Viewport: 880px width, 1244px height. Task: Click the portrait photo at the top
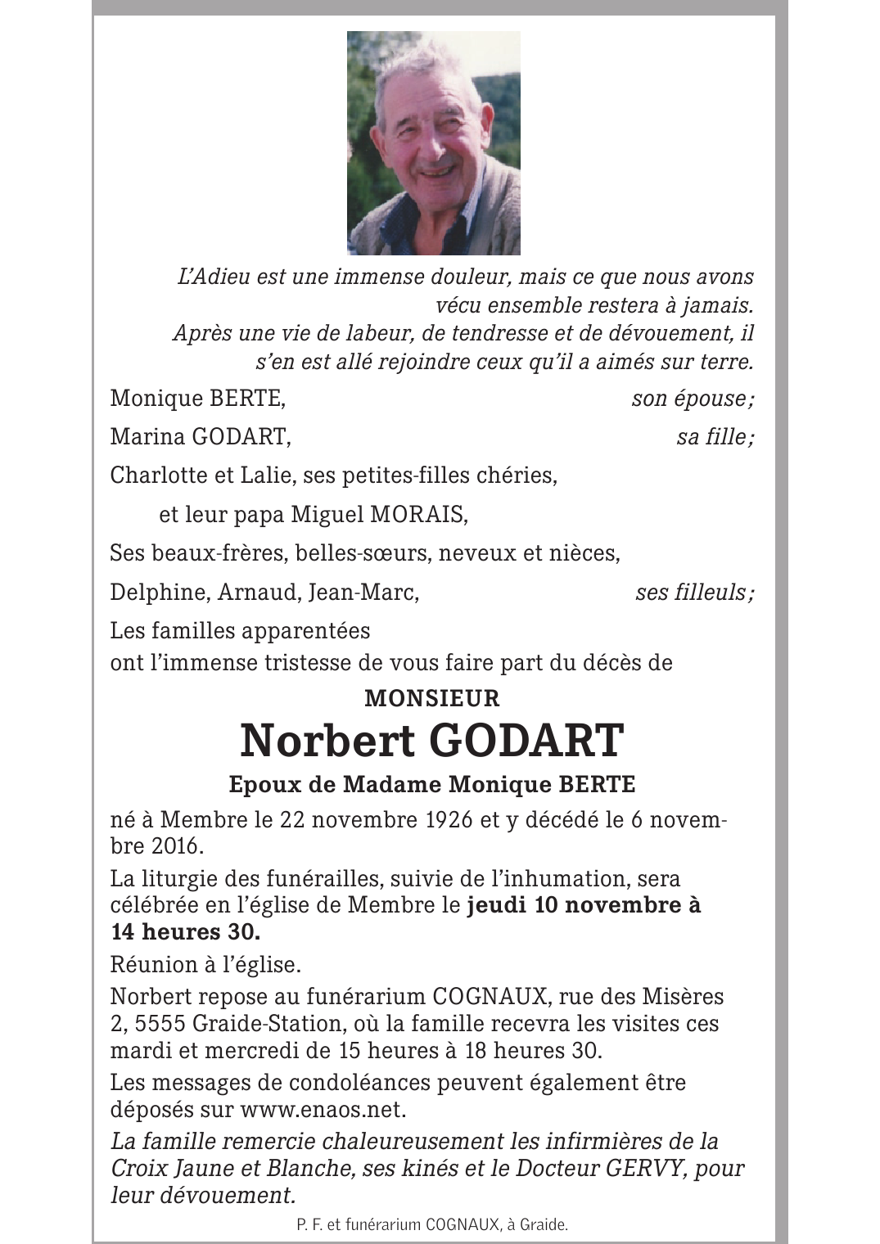433,143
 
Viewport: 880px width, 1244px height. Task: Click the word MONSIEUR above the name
431,698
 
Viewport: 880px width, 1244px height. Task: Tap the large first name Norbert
327,741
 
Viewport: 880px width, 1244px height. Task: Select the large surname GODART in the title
526,741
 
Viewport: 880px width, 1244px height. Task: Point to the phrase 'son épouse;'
693,399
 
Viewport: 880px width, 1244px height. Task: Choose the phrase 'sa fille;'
715,437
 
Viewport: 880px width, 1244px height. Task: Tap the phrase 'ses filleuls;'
694,592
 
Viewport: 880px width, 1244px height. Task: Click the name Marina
147,437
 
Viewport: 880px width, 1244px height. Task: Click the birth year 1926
449,820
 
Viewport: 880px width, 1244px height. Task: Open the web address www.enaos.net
323,1110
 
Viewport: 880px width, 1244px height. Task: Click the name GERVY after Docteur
644,1168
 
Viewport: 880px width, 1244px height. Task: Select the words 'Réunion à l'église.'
205,965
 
